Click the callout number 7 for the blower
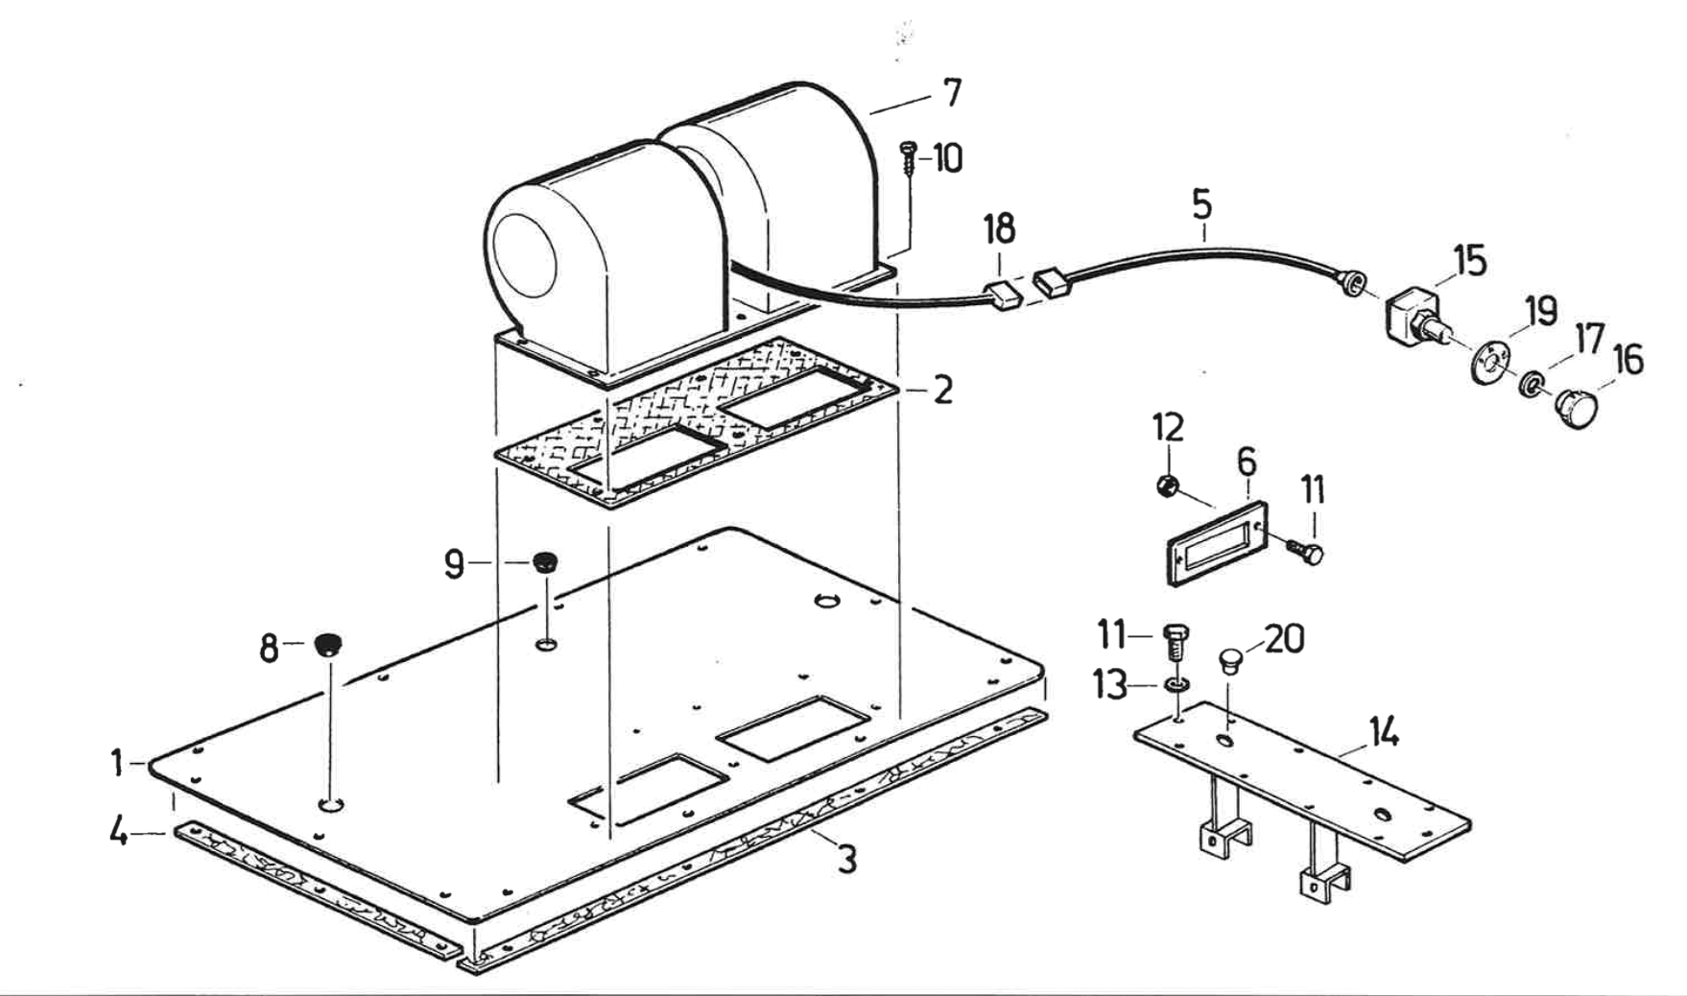click(951, 93)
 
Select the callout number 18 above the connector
click(999, 230)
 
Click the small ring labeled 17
click(1530, 386)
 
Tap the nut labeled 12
click(1167, 486)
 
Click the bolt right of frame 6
click(1304, 552)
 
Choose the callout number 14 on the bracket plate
click(1383, 734)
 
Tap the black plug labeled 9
click(545, 560)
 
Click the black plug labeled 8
click(327, 644)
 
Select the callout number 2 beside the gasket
click(942, 391)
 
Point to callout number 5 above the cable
click(1201, 204)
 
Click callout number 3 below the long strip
click(845, 860)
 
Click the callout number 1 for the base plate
click(117, 764)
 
